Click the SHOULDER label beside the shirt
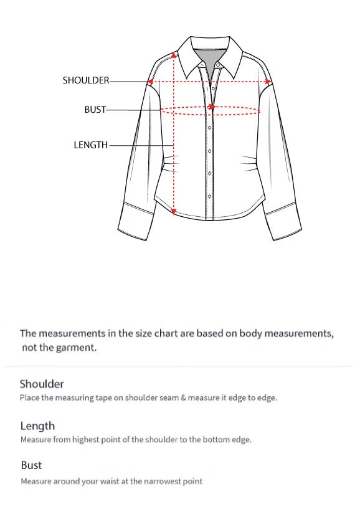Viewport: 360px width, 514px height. tap(85, 80)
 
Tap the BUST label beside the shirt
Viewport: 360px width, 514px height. tap(95, 110)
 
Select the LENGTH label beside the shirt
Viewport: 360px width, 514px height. tap(90, 145)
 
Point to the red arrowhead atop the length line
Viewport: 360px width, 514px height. tap(174, 54)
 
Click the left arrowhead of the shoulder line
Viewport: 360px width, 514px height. tap(151, 81)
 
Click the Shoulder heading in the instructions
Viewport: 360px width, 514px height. tap(42, 384)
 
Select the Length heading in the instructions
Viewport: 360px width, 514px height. tap(37, 426)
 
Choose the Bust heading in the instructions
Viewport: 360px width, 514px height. tap(31, 465)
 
